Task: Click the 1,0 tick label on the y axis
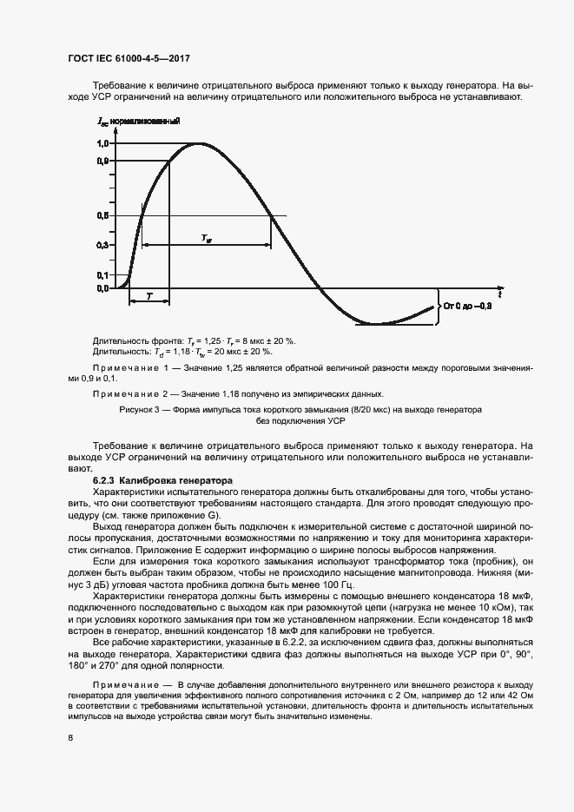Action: coord(102,143)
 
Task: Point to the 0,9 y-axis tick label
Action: coord(102,161)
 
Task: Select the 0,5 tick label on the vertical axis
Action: coord(102,215)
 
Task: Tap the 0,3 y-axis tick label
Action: coord(102,246)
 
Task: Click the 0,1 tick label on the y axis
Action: coord(102,275)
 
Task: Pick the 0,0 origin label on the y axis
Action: coord(102,287)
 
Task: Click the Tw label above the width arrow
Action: coord(205,236)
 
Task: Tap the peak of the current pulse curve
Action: coord(201,143)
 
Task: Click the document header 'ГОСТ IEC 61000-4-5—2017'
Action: coord(129,58)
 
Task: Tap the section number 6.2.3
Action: coord(103,479)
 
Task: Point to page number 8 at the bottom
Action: coord(69,738)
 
